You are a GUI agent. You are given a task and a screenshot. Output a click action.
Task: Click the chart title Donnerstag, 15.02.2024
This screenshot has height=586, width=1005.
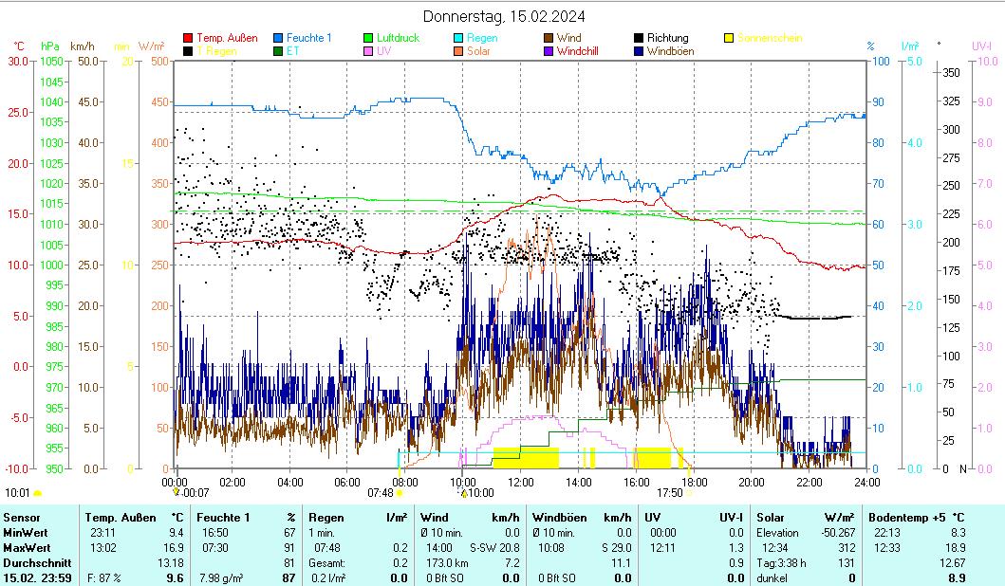click(x=503, y=16)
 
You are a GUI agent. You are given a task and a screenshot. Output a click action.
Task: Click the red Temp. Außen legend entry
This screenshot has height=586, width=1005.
click(x=227, y=38)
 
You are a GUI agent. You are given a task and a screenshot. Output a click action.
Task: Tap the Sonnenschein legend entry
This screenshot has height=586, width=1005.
click(x=770, y=38)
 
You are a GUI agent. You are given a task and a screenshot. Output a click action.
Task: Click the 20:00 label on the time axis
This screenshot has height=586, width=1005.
click(x=753, y=482)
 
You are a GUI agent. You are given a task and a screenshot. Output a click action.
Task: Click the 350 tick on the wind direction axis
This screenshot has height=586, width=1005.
click(x=953, y=73)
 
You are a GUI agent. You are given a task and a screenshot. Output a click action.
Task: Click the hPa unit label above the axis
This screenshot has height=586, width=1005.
click(x=49, y=46)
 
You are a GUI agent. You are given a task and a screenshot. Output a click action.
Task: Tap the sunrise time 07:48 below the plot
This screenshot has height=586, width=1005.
click(x=380, y=493)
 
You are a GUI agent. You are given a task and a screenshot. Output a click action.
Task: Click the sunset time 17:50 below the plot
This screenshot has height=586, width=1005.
click(x=669, y=493)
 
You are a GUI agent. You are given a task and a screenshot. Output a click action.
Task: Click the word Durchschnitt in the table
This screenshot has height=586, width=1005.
click(x=34, y=562)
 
